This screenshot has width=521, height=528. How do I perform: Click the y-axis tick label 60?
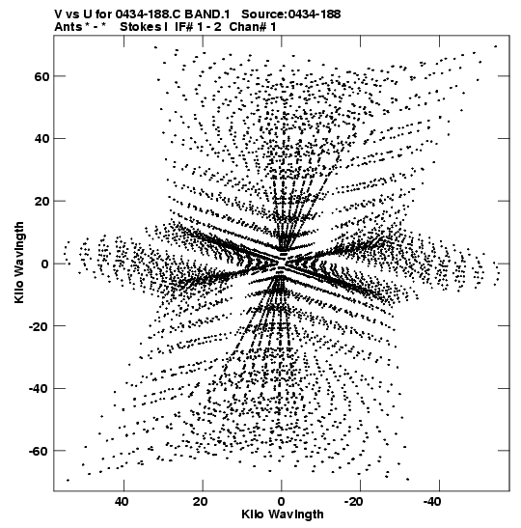coord(41,77)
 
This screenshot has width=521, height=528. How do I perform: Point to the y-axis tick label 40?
coord(41,139)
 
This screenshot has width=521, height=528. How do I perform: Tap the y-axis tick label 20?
coord(41,202)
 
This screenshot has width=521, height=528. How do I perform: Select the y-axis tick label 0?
coord(45,264)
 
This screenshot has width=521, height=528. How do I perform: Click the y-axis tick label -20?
coord(39,326)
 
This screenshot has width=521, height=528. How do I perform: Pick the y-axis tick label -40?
coord(39,389)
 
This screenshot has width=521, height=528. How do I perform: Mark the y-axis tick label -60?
coord(39,451)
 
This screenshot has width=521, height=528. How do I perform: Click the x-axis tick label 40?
coord(122,502)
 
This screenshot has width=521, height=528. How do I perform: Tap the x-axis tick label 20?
coord(201,502)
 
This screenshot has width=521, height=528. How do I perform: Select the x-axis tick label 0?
coord(281,502)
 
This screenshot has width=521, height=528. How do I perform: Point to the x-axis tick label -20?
coord(354,502)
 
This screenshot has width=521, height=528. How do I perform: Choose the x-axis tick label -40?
coord(432,502)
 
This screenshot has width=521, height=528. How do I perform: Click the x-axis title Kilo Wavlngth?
coord(283,514)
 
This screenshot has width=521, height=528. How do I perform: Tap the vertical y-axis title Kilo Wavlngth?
coord(19,263)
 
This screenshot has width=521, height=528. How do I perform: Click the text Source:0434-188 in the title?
coord(290,14)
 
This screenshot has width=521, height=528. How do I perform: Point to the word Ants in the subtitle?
coord(69,27)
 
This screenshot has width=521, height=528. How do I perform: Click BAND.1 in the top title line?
coord(207,14)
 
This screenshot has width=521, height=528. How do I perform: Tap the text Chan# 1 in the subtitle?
coord(253,27)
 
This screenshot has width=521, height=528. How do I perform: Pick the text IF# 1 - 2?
coord(198,27)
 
